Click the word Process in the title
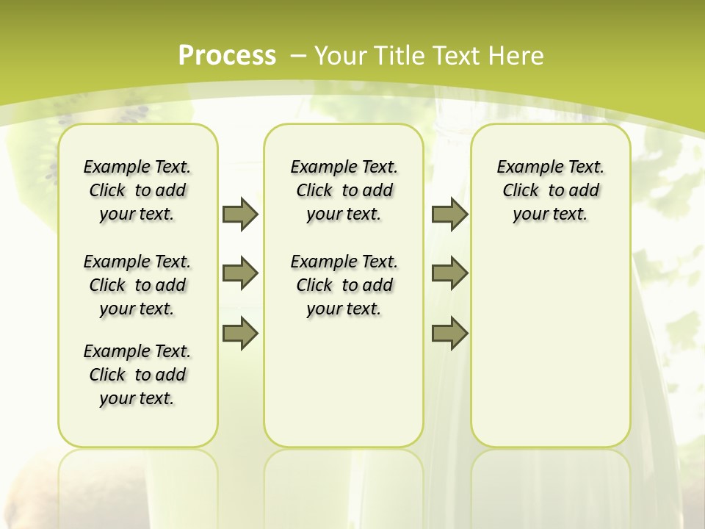[x=227, y=55]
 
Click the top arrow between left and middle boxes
[x=240, y=214]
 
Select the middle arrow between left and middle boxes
[x=240, y=273]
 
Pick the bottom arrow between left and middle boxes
[x=240, y=334]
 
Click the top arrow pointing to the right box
[x=449, y=214]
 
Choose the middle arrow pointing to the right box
[x=449, y=273]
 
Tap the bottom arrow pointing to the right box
[x=449, y=334]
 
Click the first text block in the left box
[x=137, y=190]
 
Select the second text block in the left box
[x=137, y=285]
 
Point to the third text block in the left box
[x=137, y=375]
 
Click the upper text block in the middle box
[x=344, y=190]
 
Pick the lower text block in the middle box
[x=344, y=285]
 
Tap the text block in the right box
[x=550, y=190]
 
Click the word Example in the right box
[x=527, y=168]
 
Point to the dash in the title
[x=298, y=55]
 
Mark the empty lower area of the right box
[x=550, y=345]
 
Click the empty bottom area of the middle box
[x=344, y=389]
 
